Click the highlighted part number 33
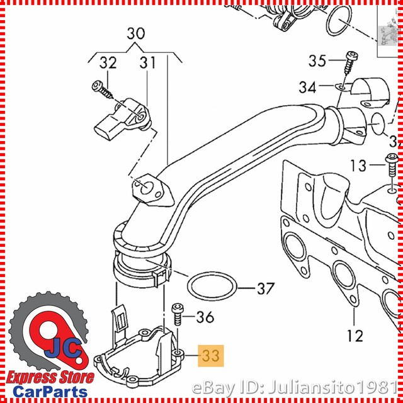(x=211, y=356)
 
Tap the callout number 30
(x=136, y=33)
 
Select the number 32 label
(x=108, y=63)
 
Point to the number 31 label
(x=148, y=63)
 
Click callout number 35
(x=317, y=61)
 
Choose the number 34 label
(x=308, y=87)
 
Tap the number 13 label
(x=358, y=166)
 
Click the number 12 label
(x=355, y=335)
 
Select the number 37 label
(x=266, y=288)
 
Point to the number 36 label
(x=205, y=317)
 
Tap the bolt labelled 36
(x=178, y=314)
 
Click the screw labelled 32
(x=102, y=89)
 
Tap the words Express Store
(x=50, y=378)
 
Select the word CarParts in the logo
(x=50, y=392)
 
